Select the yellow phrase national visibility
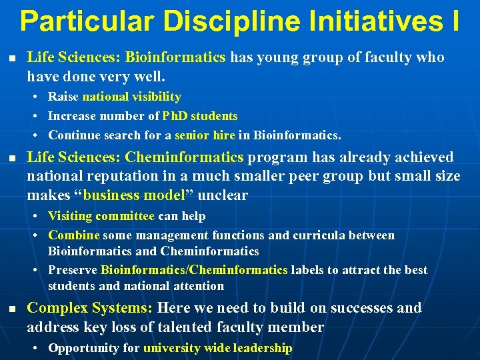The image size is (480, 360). coord(131,97)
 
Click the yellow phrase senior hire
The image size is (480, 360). coord(205,135)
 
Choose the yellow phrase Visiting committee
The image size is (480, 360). coord(101,216)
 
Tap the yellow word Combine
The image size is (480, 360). coord(74,235)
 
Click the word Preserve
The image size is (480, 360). coord(73,270)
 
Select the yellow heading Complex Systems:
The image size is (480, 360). coord(90,308)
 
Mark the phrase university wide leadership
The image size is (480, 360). coord(217,348)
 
